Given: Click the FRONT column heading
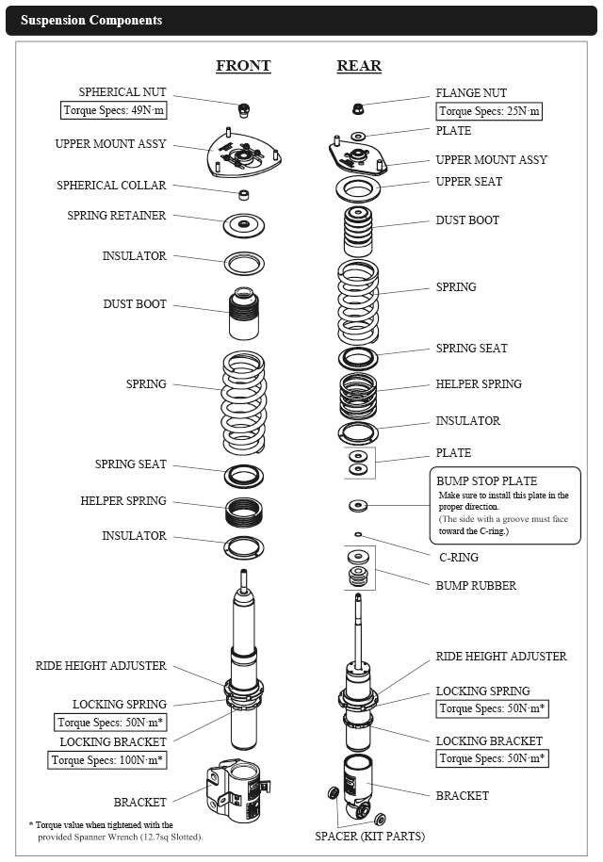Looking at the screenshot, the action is tap(243, 65).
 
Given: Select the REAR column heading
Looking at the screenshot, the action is tap(359, 65).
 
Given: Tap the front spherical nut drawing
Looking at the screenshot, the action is tap(245, 110).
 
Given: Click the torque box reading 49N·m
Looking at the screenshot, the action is tap(113, 110).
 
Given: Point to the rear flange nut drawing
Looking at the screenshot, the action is tap(358, 109).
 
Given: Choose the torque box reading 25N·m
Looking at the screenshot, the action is tap(489, 111).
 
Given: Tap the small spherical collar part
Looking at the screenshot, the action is tap(243, 195).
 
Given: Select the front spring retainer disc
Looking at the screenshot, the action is tap(244, 225).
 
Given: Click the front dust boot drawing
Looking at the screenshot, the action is tap(244, 314).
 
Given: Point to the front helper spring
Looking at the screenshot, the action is tap(244, 512).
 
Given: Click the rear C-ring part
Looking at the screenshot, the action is tap(358, 534).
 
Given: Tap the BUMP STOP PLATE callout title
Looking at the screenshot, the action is tap(486, 481).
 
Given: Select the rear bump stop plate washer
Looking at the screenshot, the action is tap(358, 505).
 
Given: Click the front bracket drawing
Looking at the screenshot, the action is tap(238, 791).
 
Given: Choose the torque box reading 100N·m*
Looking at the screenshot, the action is tap(107, 760).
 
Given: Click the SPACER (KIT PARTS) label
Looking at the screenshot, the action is tap(370, 837).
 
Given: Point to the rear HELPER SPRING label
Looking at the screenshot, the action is tap(479, 383).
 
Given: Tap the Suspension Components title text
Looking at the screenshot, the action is tap(91, 21).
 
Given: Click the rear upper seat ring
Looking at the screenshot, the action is tap(358, 189).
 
